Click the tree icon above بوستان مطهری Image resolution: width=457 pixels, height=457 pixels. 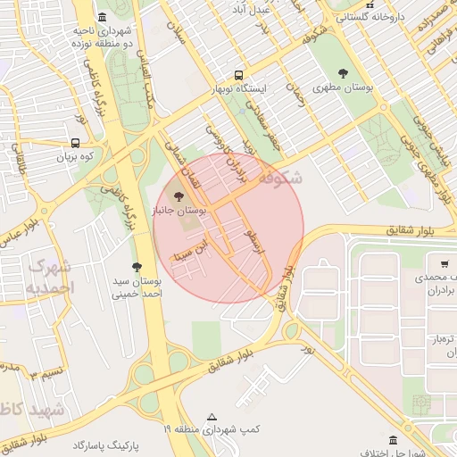pos(344,74)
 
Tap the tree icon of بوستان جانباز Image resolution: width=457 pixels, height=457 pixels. pos(179,196)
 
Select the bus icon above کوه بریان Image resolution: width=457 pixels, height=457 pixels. pos(75,142)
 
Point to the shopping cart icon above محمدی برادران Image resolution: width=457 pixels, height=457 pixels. pos(444,264)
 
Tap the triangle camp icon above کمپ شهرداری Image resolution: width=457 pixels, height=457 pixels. pos(212,416)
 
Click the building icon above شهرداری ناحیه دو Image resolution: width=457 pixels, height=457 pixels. pos(103,17)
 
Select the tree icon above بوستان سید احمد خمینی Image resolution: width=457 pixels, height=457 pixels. pos(137,267)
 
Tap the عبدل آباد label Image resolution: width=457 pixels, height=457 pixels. pos(275,8)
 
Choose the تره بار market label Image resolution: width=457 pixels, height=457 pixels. pos(445,339)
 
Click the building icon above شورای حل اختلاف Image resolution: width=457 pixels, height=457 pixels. pos(394,439)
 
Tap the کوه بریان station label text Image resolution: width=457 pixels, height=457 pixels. pos(75,157)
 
